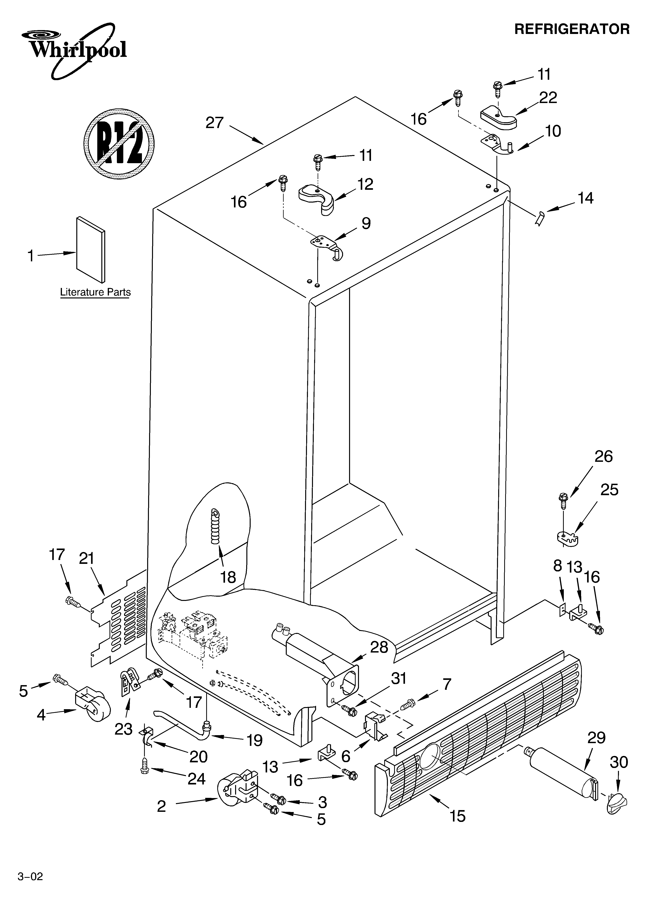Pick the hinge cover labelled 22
[499, 117]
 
